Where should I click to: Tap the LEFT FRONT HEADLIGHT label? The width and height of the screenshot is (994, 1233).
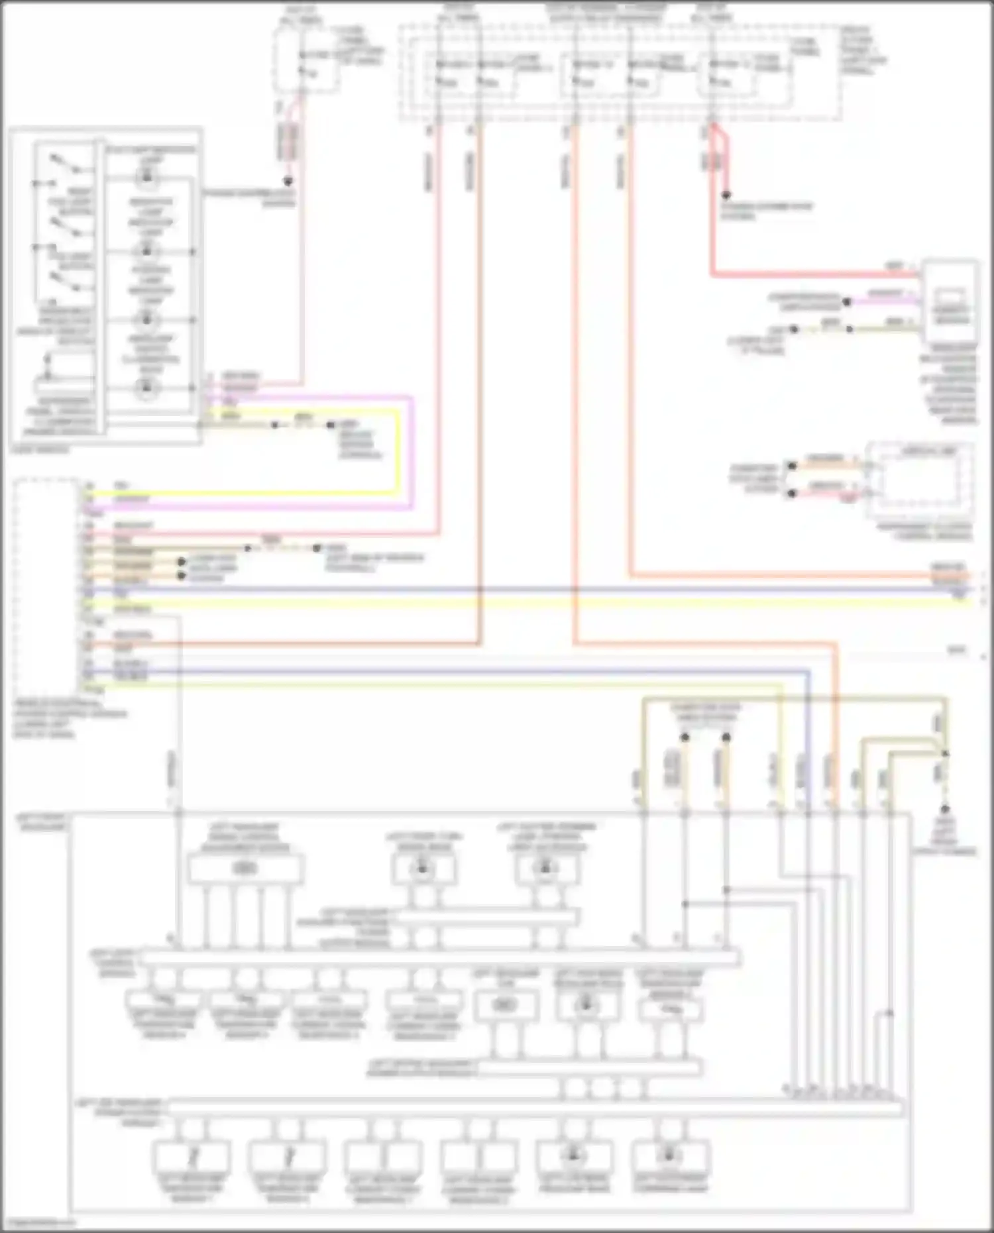pos(41,823)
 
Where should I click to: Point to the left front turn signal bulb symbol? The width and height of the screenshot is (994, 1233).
pos(423,868)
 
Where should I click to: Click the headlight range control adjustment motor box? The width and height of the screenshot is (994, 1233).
pos(245,869)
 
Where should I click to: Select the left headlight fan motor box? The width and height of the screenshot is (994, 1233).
pos(505,1005)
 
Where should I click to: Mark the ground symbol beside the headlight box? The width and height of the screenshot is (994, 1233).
pos(944,810)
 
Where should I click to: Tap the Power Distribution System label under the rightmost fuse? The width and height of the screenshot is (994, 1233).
pos(766,211)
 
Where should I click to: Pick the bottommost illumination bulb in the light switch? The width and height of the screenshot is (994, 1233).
pos(147,388)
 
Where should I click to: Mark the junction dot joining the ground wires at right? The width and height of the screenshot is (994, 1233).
pos(945,754)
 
